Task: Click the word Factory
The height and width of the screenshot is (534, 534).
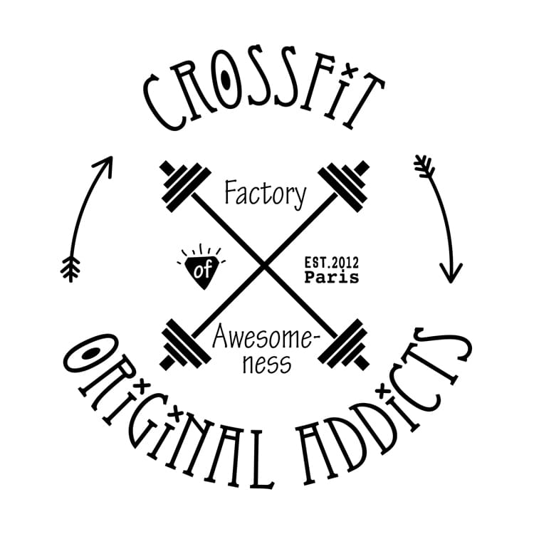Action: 265,192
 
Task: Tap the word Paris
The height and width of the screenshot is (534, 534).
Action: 331,278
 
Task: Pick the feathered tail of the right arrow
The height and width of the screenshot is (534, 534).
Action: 424,168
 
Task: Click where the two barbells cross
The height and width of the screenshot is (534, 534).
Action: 265,265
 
